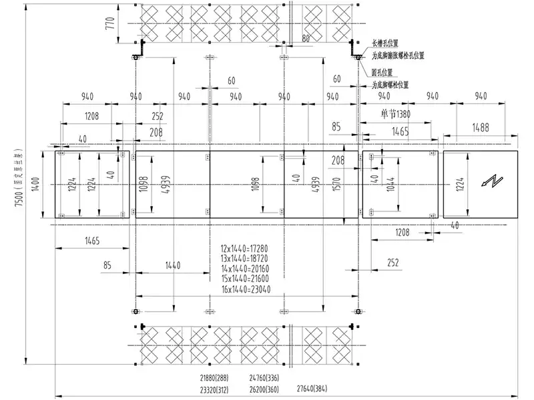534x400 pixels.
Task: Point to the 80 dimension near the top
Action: [x=306, y=39]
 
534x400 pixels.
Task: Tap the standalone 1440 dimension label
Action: [x=172, y=265]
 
